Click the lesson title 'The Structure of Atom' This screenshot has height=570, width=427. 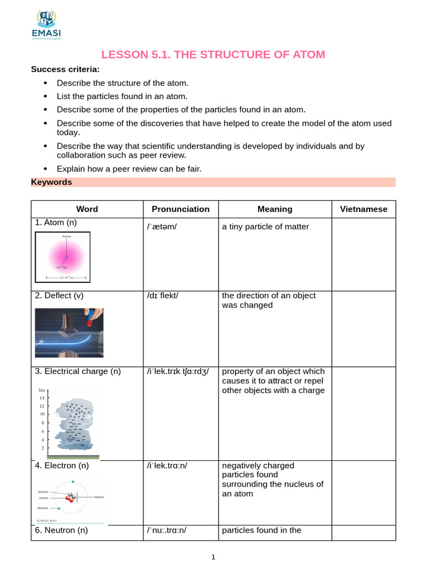213,54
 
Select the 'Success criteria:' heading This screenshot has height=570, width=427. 65,69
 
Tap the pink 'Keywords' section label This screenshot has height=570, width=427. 51,182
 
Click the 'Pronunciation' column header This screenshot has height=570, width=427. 181,209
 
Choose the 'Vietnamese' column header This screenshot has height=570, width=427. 364,209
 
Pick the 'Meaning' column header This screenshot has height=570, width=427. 275,209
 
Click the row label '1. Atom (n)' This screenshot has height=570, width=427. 56,223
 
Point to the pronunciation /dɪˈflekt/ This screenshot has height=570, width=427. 162,296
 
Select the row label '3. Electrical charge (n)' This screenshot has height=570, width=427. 77,371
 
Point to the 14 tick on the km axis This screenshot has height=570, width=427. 42,398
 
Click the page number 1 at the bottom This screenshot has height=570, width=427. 213,558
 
